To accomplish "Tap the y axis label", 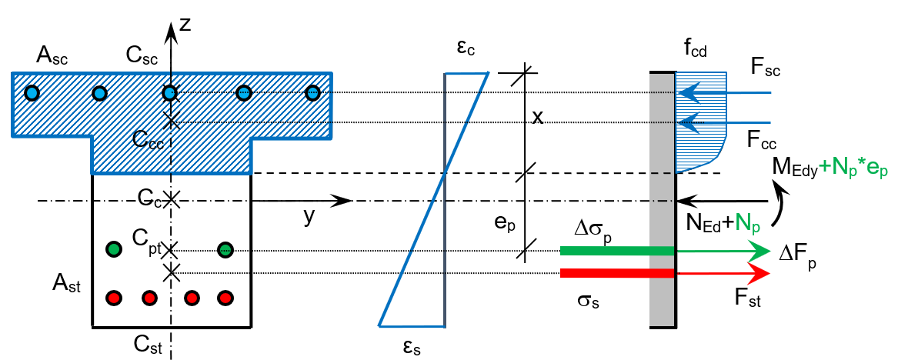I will (308, 218).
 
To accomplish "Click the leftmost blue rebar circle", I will (32, 93).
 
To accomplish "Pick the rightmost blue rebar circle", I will (312, 93).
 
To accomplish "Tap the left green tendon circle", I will (114, 249).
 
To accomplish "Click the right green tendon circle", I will (225, 249).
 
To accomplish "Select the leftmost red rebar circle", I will (114, 297).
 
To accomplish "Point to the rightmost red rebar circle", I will (225, 297).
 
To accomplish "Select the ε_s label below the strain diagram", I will (411, 347).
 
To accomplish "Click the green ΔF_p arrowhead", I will (761, 251).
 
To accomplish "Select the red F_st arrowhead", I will (761, 274).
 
